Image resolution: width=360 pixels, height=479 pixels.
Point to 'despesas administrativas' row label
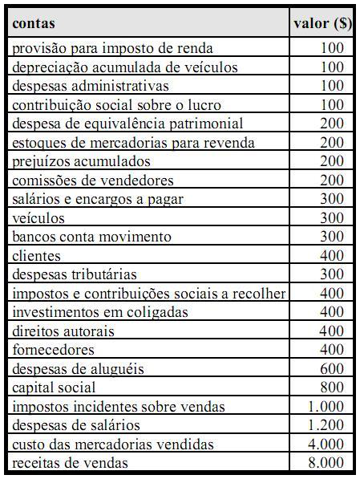point(91,86)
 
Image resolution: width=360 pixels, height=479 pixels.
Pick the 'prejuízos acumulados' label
point(76,161)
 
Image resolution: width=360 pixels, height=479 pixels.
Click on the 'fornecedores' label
point(53,350)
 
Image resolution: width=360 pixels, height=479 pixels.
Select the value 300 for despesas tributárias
point(331,274)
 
